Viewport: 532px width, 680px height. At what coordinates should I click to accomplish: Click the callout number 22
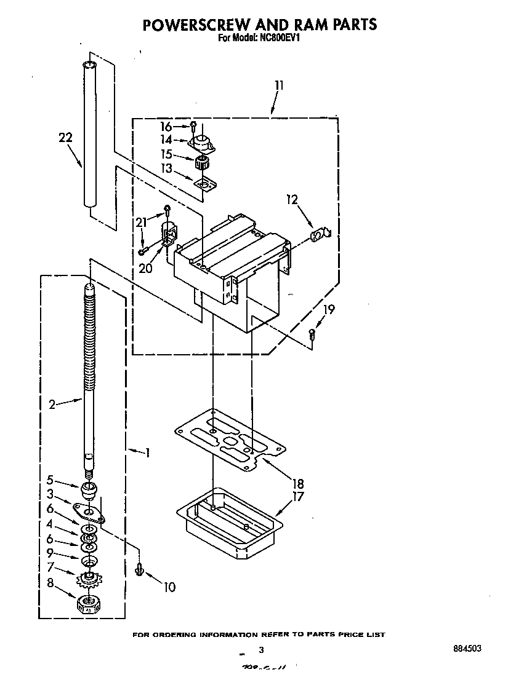65,138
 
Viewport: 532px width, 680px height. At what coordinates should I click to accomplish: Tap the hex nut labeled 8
89,605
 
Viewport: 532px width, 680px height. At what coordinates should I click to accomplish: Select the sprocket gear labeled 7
90,579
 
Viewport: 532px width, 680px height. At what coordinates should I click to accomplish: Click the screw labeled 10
140,570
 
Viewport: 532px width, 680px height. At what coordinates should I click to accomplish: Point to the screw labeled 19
312,334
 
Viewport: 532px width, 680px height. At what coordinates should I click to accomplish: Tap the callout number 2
52,404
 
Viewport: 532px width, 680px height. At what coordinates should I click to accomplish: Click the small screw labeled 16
193,126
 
